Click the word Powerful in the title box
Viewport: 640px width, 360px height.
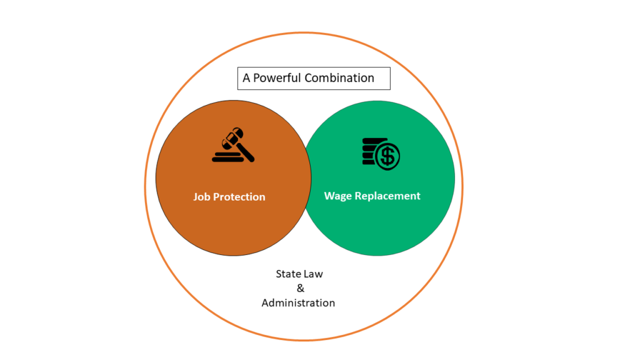click(277, 77)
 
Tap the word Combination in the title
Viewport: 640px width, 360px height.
click(339, 77)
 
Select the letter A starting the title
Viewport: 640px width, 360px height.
click(246, 77)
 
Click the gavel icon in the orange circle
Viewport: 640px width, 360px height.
click(233, 145)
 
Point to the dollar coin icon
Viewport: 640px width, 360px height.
click(387, 156)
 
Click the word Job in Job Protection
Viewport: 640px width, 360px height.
click(202, 197)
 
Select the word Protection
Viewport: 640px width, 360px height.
click(239, 197)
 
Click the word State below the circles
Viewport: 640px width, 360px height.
click(287, 274)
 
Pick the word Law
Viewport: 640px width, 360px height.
click(312, 274)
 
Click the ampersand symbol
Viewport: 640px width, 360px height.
click(301, 288)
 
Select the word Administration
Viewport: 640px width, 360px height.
click(298, 303)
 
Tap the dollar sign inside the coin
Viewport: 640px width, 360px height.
click(387, 156)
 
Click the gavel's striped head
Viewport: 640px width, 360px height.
click(232, 138)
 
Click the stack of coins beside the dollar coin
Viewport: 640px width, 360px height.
click(370, 151)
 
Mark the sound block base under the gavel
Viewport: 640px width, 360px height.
click(227, 157)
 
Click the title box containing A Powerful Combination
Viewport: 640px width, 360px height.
click(314, 78)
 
